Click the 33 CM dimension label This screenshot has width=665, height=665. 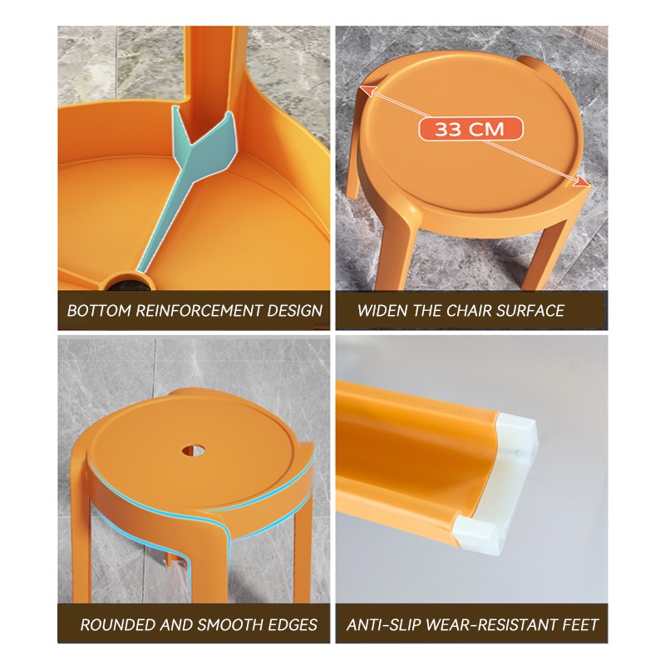[x=470, y=129]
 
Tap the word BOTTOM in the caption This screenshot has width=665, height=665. [x=99, y=311]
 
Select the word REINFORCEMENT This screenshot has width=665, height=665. [x=199, y=311]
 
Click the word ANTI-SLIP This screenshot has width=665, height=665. [x=384, y=625]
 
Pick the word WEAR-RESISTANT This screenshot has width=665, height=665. [x=492, y=625]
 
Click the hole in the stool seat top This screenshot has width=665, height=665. [x=194, y=451]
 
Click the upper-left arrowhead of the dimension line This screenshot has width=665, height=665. [x=368, y=91]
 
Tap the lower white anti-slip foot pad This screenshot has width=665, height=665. [x=479, y=535]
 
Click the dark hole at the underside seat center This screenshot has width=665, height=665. [x=129, y=282]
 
